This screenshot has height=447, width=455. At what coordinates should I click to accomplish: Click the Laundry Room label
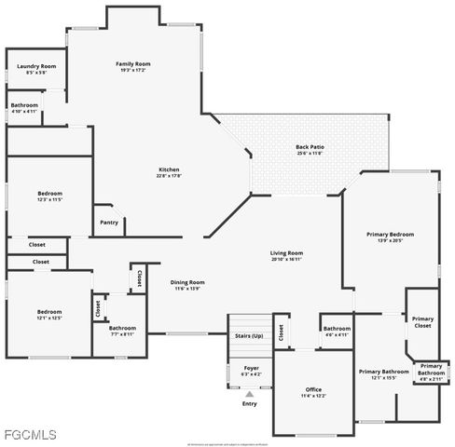pos(37,67)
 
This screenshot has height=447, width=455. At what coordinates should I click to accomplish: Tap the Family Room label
pos(132,64)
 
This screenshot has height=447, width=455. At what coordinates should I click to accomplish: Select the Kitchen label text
pos(169,169)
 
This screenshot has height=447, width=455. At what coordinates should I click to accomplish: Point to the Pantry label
pos(109,222)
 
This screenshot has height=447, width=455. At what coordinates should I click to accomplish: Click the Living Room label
pos(286,253)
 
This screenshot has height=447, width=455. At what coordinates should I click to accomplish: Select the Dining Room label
pos(187,282)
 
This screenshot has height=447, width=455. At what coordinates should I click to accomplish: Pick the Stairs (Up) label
pos(248,334)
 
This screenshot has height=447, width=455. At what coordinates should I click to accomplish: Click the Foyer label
pos(251,368)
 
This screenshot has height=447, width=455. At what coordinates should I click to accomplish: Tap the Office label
pos(313,389)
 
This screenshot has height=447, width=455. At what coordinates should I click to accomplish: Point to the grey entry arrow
pos(249,394)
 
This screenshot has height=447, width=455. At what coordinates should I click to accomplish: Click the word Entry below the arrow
pos(249,403)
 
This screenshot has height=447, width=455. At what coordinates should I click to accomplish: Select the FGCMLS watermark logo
pos(30,434)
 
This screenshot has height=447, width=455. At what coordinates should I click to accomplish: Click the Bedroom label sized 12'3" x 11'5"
pos(50,196)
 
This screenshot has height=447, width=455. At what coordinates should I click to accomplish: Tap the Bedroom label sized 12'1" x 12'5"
pos(49,312)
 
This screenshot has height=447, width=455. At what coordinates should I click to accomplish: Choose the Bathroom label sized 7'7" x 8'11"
pos(122,328)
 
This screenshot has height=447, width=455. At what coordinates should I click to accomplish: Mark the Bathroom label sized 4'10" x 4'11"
pos(24,106)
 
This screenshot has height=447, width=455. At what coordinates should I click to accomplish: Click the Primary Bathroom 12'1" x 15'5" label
pos(383,372)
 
